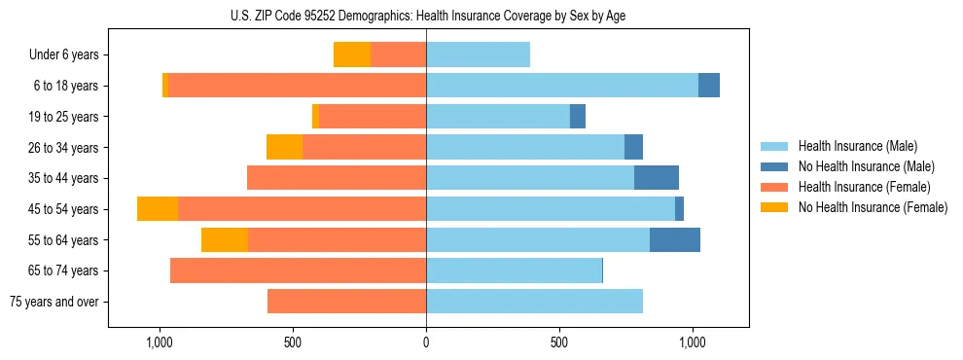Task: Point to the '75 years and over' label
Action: (x=53, y=302)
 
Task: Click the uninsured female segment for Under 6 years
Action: (x=352, y=54)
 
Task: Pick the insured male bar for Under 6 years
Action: (x=478, y=54)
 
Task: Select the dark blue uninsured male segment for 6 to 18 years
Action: (x=709, y=86)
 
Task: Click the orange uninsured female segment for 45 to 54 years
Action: (x=158, y=209)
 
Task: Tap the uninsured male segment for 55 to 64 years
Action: (x=675, y=240)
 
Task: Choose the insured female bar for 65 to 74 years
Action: (x=298, y=270)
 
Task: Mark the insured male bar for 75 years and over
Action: (x=534, y=302)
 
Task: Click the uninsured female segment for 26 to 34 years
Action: (x=284, y=147)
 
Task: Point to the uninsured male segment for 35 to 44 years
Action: (x=657, y=178)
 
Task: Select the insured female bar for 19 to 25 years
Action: (x=373, y=117)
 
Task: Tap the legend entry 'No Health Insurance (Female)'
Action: (x=873, y=207)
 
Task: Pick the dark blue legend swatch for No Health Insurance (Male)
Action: (x=775, y=166)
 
